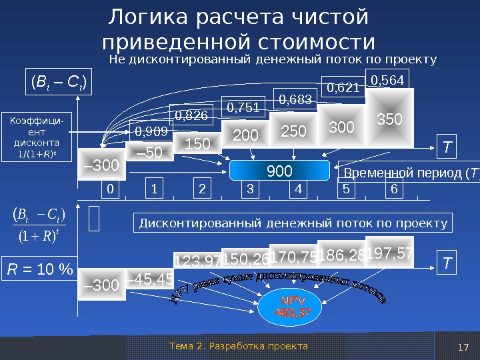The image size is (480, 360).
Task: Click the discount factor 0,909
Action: [x=151, y=132]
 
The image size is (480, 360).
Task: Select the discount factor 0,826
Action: [x=191, y=116]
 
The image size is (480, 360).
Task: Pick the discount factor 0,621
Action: [x=344, y=87]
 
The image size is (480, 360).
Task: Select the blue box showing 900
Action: [x=280, y=171]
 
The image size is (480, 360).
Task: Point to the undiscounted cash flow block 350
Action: [x=389, y=119]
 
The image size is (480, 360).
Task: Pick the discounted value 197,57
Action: [x=390, y=253]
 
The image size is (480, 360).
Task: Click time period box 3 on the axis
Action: [x=250, y=189]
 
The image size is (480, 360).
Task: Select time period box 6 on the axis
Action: [x=393, y=189]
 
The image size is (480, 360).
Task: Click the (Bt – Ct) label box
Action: [x=58, y=83]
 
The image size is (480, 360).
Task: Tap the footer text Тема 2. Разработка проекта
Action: [x=239, y=346]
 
